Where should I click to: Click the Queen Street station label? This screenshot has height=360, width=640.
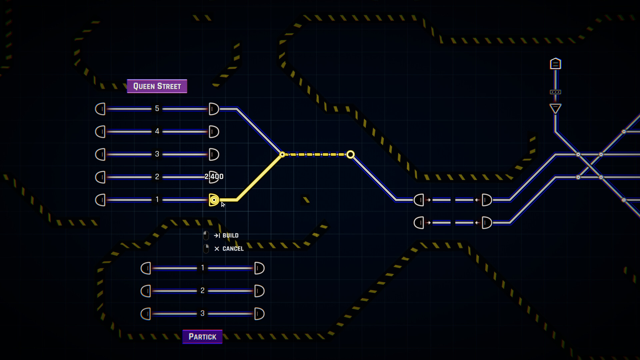157,86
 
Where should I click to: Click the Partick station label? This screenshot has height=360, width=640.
202,337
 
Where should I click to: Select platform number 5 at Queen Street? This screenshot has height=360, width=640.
157,109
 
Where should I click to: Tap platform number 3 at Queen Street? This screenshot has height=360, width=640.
157,154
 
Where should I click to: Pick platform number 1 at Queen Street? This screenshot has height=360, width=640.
157,200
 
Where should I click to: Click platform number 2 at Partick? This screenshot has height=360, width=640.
202,291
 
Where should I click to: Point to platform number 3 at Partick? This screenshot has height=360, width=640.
202,313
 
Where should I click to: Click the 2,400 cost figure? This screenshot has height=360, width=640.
214,176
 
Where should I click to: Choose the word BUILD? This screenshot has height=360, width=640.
230,235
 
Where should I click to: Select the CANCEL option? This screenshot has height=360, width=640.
233,249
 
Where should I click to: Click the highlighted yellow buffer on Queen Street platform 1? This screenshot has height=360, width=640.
214,200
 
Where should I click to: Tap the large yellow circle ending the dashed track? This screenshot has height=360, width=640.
350,154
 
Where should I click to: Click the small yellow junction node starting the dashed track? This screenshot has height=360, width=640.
282,154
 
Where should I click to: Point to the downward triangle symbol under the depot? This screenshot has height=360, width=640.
555,108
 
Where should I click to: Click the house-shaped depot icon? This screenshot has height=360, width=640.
555,63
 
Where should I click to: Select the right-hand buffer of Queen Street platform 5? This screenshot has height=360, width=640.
214,109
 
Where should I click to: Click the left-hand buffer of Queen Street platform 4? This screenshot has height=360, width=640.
100,132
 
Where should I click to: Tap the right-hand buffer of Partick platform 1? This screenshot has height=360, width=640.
259,268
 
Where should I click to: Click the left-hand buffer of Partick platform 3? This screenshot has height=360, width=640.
146,314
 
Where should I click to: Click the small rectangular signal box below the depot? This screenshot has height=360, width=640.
555,92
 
